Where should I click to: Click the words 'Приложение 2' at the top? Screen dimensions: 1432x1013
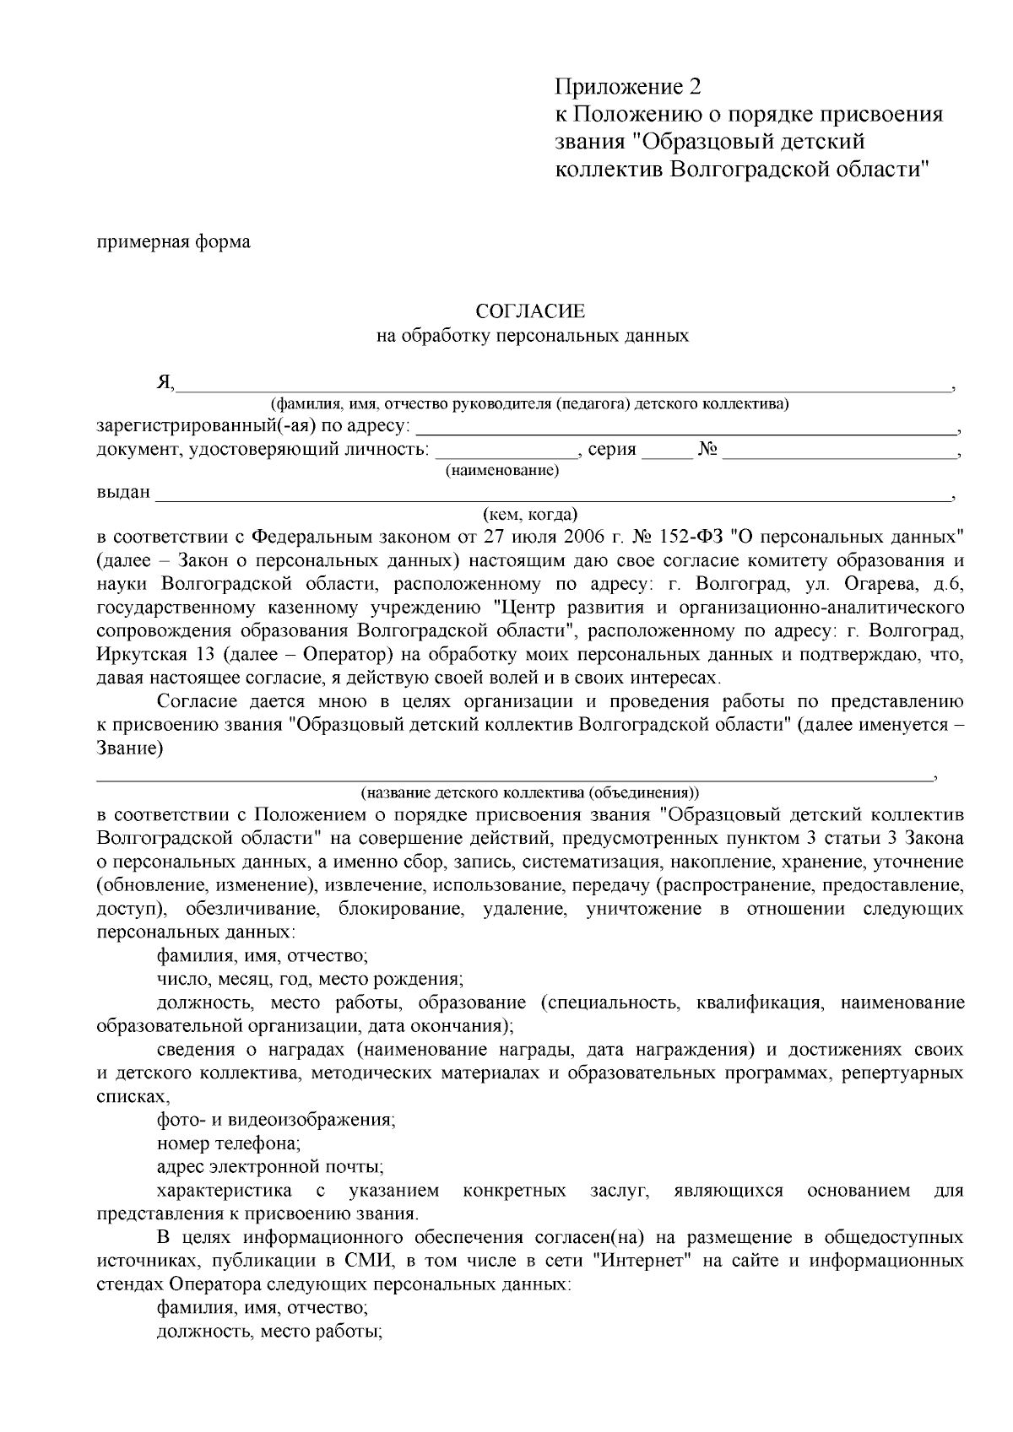point(627,87)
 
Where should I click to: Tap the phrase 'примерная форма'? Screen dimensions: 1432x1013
point(174,242)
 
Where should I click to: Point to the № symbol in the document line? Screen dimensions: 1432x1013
point(707,450)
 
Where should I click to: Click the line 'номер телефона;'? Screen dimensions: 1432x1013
point(228,1144)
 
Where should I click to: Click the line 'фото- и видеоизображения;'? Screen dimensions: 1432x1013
point(276,1121)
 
